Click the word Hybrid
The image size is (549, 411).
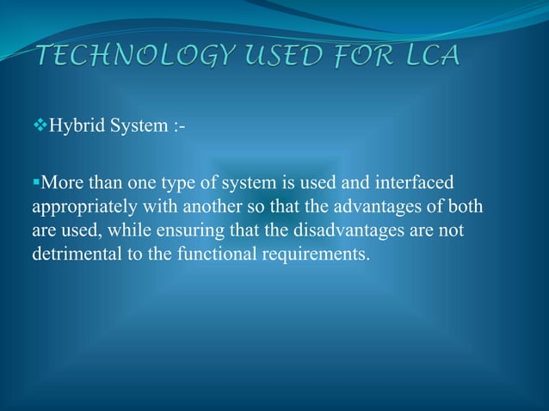pyautogui.click(x=74, y=128)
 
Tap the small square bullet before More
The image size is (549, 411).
pyautogui.click(x=36, y=182)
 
